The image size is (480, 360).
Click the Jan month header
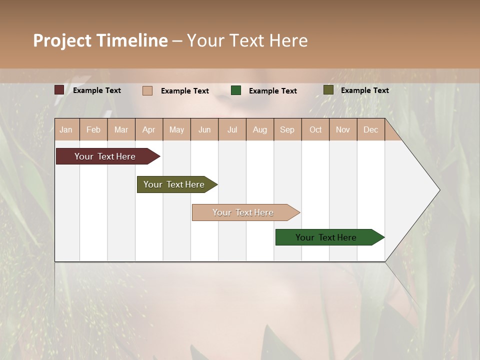[66, 129]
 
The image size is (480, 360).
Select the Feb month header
[93, 129]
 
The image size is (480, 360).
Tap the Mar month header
[121, 129]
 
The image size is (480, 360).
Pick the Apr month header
[149, 129]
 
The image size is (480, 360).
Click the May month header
[176, 129]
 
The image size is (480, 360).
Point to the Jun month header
[204, 129]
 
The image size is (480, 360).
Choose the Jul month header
[232, 129]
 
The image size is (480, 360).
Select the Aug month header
[260, 129]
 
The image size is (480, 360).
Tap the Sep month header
[287, 129]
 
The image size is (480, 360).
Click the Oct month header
[315, 129]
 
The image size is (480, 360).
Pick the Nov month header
[343, 129]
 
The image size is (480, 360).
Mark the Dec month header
[371, 129]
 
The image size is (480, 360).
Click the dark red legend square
[59, 90]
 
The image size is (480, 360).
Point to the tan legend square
[147, 90]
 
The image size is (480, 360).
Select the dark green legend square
[236, 90]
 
